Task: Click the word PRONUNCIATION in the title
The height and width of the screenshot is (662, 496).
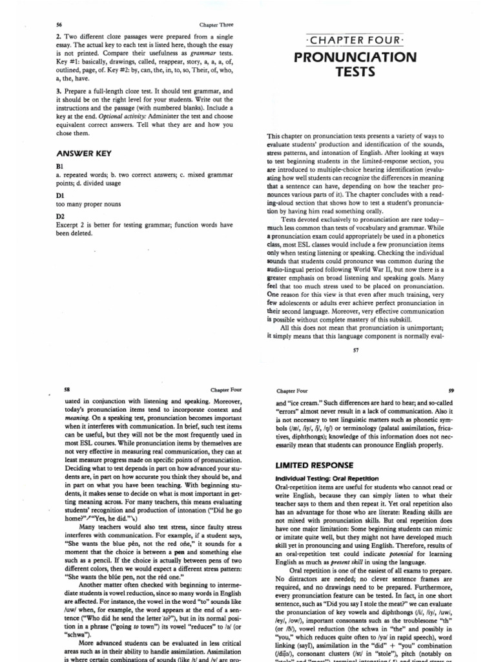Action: tap(355, 57)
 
